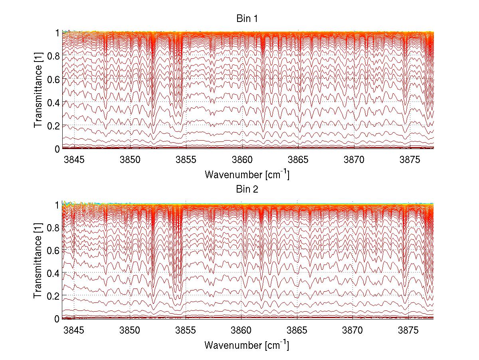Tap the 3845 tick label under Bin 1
(74, 160)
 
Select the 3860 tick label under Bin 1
(241, 160)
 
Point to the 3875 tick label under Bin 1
(409, 160)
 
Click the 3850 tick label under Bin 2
(130, 330)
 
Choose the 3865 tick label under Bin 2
(297, 330)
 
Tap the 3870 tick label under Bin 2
(353, 330)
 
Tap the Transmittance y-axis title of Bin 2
(38, 262)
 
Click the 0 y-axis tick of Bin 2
(57, 318)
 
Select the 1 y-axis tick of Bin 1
(57, 33)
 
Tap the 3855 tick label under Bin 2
(186, 330)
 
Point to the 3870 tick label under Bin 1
(353, 160)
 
